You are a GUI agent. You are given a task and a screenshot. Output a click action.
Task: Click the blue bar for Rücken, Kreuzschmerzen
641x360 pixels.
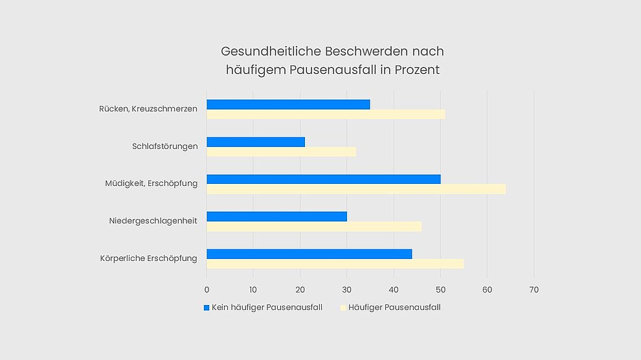click(288, 104)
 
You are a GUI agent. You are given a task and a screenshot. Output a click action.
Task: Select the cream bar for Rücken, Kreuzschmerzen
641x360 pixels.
click(326, 115)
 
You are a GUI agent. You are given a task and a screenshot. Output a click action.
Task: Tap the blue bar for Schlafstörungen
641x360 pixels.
click(256, 142)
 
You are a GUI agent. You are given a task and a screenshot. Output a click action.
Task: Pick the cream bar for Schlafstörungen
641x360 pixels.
click(281, 152)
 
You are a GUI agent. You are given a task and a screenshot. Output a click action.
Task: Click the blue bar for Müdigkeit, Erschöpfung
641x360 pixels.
click(323, 179)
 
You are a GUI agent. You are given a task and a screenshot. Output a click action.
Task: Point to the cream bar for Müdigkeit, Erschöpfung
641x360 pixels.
click(356, 189)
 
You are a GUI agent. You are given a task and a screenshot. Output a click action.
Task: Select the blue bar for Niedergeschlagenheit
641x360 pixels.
click(276, 216)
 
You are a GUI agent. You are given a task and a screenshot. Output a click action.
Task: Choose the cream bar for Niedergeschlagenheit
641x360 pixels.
click(314, 227)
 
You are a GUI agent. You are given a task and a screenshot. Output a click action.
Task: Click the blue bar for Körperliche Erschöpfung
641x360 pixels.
click(309, 254)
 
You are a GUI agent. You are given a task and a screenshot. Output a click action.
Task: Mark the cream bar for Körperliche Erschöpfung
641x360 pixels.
click(335, 264)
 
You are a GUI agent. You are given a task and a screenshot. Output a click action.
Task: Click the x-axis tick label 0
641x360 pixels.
click(207, 289)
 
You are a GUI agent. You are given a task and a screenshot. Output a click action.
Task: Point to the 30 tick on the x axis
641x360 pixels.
click(347, 289)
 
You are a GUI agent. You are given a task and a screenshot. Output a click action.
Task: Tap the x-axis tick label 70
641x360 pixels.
click(534, 289)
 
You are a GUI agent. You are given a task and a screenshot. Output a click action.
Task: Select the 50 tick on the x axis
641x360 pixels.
click(440, 289)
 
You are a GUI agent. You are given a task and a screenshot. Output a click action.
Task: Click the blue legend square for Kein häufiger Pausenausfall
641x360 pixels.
click(207, 308)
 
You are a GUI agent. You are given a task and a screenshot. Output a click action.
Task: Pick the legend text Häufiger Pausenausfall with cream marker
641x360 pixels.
click(394, 308)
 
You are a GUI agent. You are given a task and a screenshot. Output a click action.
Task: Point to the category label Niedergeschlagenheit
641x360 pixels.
click(153, 221)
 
